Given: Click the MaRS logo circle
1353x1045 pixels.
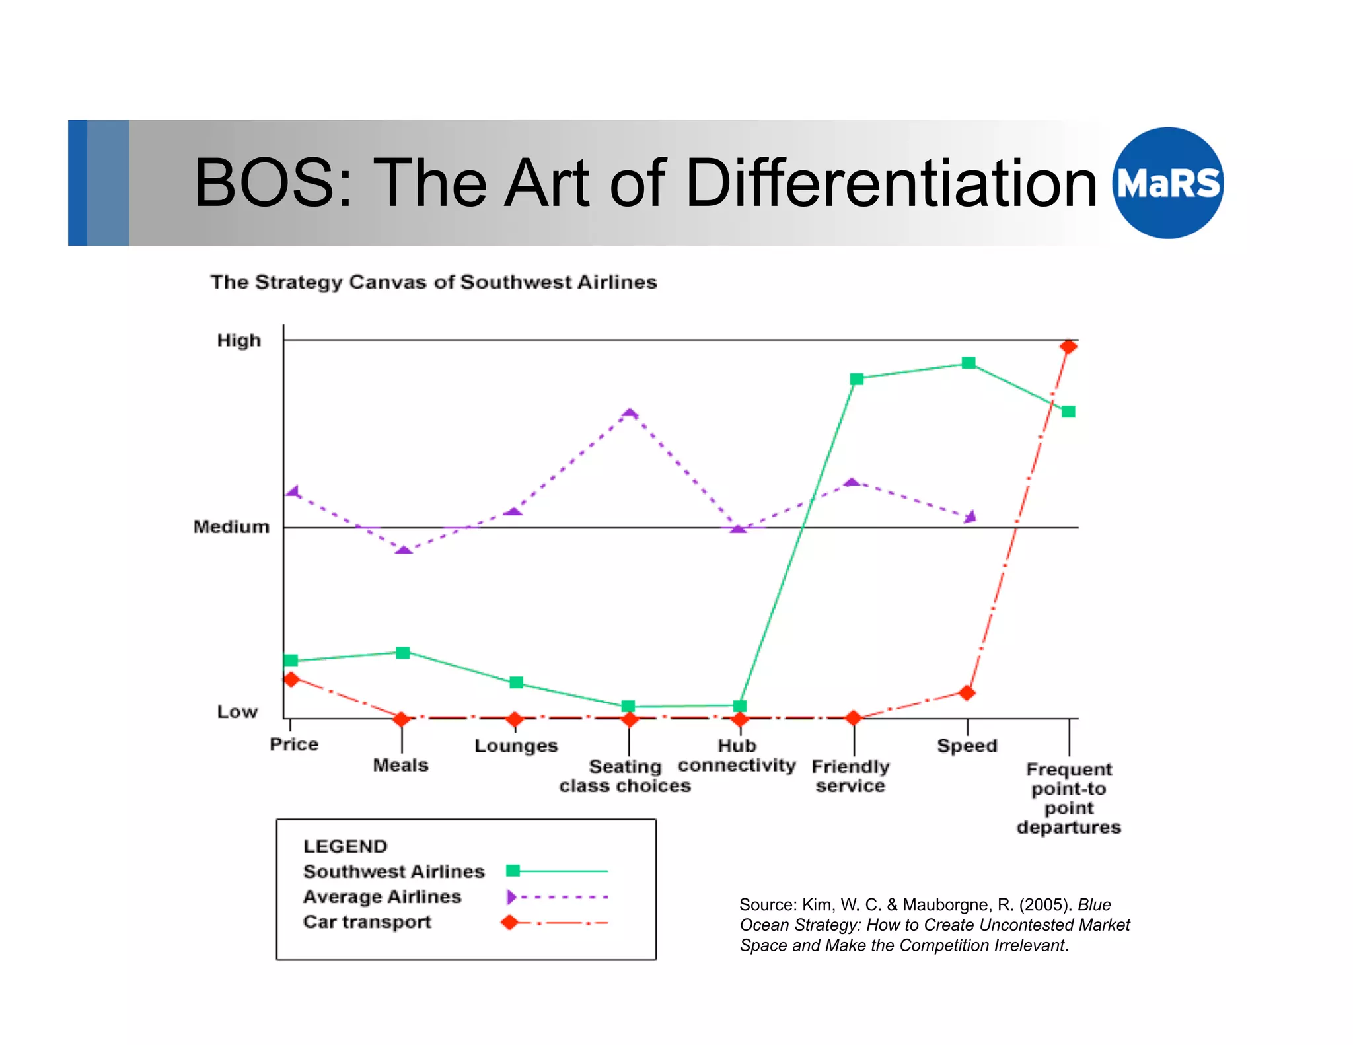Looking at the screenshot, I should (x=1167, y=183).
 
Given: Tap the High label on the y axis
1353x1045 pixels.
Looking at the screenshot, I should (x=238, y=340).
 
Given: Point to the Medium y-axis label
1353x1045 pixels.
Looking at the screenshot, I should (x=231, y=527).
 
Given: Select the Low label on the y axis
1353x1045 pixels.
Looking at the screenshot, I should (x=237, y=711).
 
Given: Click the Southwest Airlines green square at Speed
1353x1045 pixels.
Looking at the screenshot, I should (x=969, y=363).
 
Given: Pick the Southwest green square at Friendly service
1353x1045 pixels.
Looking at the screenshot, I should (x=857, y=378).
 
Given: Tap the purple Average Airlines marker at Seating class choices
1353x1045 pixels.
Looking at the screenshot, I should (x=630, y=414).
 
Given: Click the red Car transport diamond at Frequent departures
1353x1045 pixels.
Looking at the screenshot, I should (x=1068, y=347).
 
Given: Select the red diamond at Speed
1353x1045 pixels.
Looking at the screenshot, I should (x=967, y=692).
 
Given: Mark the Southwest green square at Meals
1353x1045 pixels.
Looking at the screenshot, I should (x=403, y=653).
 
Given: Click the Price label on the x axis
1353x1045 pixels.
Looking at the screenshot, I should (x=294, y=744).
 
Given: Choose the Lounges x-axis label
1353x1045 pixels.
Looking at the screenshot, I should (x=516, y=746).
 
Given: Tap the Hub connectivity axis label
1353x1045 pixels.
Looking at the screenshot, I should (x=737, y=755).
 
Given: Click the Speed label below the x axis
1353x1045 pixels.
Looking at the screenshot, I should (x=967, y=746).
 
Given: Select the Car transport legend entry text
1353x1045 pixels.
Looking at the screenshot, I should (x=367, y=921).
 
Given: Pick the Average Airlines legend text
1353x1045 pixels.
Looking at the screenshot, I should (x=382, y=896).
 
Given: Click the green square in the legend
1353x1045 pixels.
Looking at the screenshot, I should (x=513, y=871).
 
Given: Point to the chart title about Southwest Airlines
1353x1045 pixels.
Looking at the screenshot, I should (x=433, y=282).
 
